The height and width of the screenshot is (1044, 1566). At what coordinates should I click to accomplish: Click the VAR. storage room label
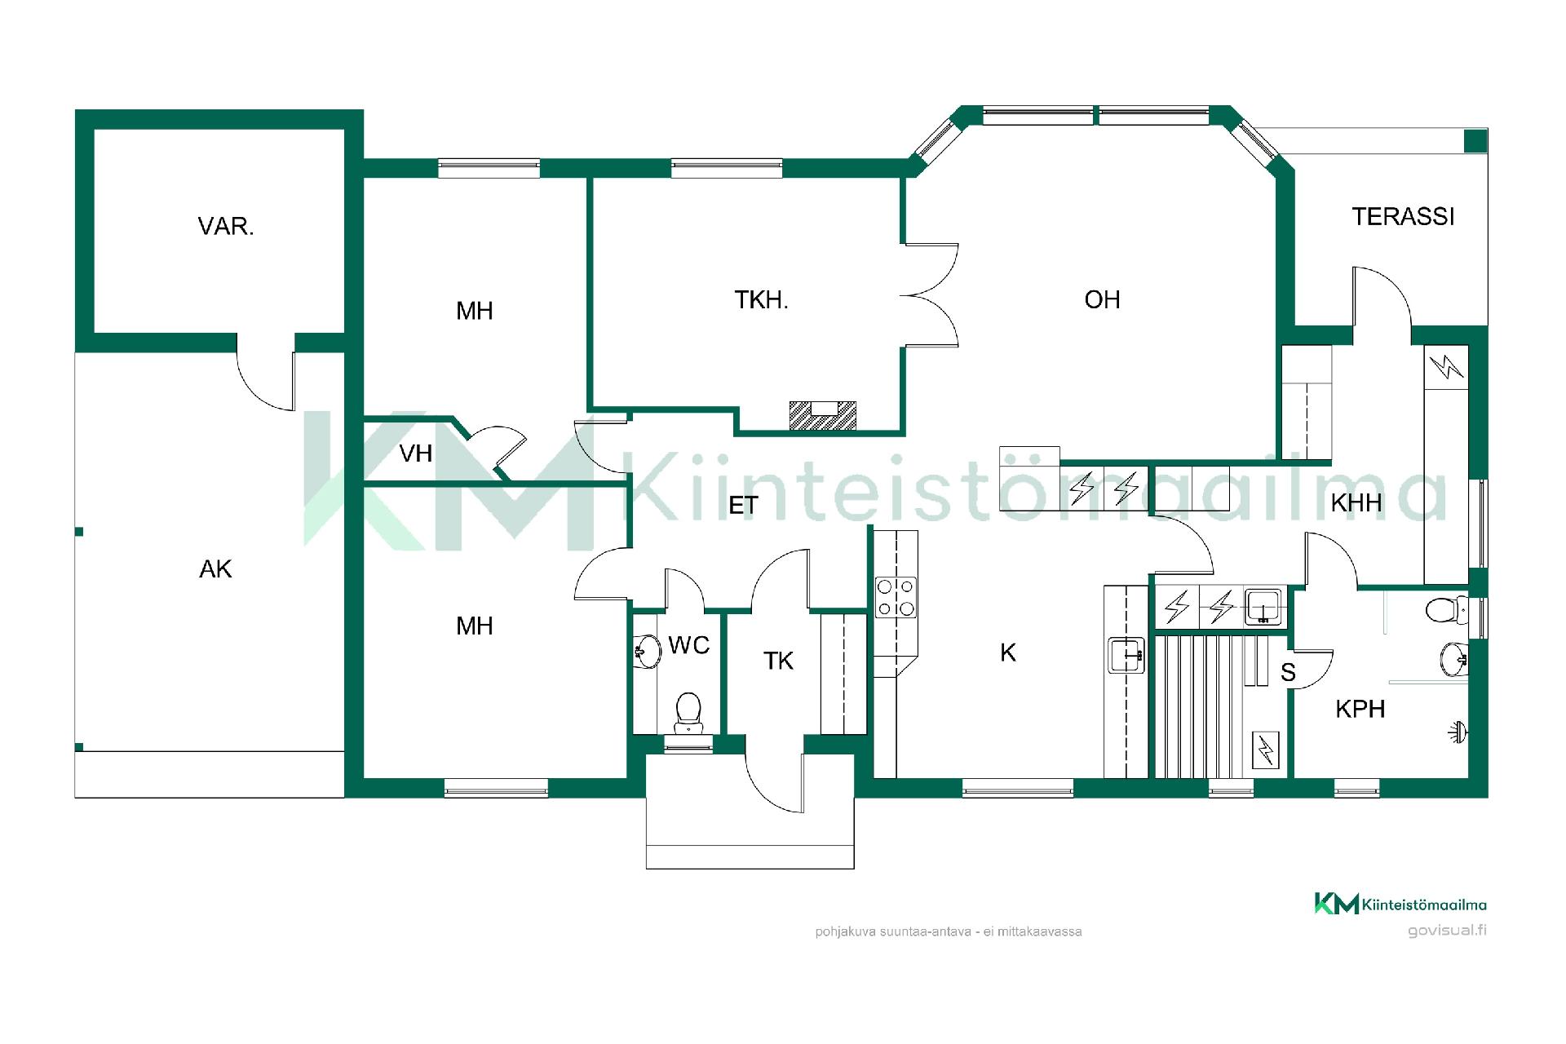pos(226,226)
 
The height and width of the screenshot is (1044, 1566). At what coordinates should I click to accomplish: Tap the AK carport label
pos(215,568)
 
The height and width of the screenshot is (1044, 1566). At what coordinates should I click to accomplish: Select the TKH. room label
pos(761,300)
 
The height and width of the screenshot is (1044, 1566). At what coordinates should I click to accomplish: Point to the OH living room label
pos(1102,299)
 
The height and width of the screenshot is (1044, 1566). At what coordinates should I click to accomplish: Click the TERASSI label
pos(1403,216)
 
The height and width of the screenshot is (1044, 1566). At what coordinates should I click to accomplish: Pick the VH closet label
pos(416,453)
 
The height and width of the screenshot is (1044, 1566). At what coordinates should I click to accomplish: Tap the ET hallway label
pos(743,506)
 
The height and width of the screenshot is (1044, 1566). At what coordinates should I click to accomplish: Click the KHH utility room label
pos(1356,502)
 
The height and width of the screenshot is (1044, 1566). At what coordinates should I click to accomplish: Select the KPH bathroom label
pos(1360,709)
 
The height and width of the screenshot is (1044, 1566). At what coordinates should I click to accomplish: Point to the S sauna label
pos(1288,672)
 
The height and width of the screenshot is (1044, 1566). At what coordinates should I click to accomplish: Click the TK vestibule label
pos(778,661)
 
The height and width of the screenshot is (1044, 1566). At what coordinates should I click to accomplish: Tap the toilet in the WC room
pos(688,713)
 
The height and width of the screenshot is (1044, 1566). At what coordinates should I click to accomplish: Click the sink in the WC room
pos(648,652)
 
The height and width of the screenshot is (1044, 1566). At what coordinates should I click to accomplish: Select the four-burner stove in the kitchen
pos(896,597)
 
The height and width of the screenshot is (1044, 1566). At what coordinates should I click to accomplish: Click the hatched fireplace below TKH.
pos(823,415)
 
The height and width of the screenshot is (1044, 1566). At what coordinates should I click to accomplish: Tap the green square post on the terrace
pos(1475,141)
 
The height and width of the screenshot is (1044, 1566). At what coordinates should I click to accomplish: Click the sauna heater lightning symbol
pos(1266,750)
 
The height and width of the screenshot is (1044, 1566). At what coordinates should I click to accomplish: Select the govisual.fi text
pos(1447,931)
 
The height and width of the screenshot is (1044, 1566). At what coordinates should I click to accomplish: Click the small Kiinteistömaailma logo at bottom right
pos(1400,904)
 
